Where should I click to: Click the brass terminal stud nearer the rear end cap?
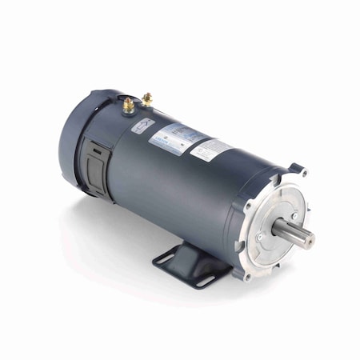coord(128,104)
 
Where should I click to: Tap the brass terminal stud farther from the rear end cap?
coord(147,99)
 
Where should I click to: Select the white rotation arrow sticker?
coord(143,126)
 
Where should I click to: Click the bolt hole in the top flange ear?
coord(301,171)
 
